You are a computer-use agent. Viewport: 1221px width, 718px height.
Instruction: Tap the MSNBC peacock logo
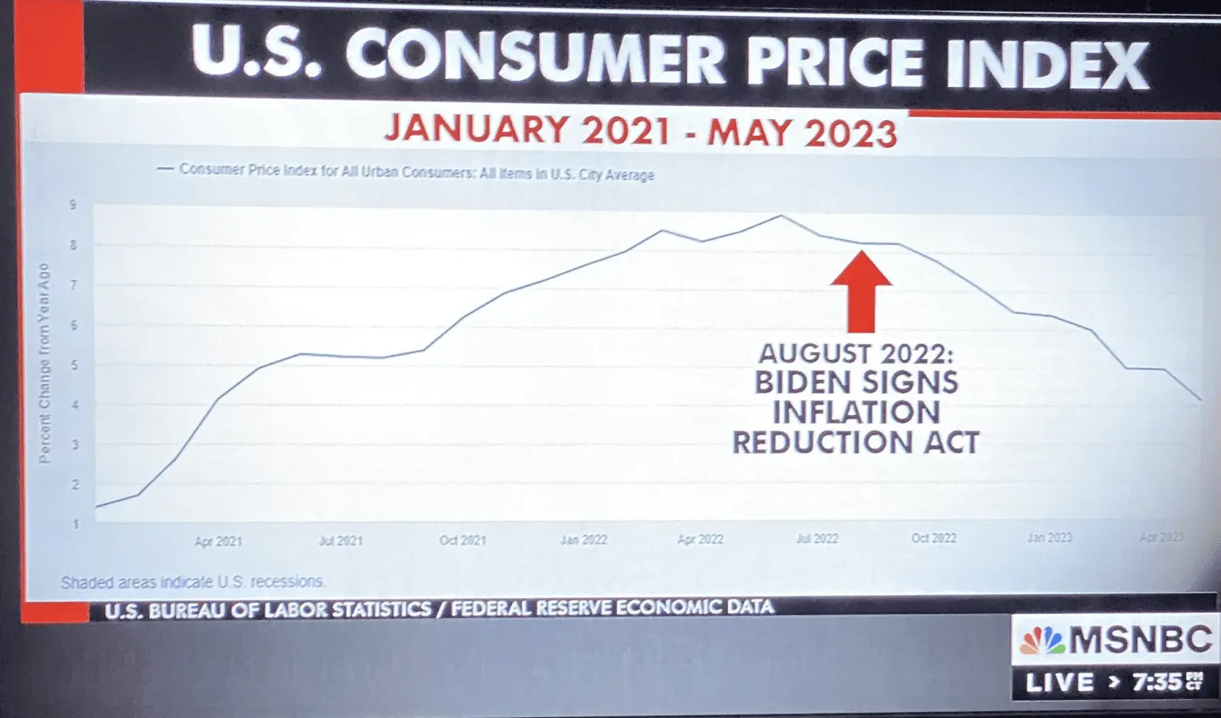(1043, 639)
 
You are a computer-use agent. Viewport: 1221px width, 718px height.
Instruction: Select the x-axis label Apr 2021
(217, 541)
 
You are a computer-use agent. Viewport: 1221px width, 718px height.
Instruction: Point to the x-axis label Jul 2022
(817, 539)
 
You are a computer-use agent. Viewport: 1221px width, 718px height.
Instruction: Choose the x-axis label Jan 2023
(1049, 538)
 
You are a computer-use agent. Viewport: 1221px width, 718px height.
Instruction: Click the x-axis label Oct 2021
(462, 540)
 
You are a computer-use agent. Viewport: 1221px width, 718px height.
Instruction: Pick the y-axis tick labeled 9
(73, 204)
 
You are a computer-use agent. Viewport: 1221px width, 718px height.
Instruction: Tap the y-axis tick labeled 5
(75, 365)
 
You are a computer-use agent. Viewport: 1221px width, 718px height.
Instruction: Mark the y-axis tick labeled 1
(75, 524)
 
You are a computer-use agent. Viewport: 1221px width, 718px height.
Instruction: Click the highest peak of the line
(780, 216)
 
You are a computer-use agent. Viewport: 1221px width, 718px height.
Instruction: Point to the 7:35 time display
(1158, 681)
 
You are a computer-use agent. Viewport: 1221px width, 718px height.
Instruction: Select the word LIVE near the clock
(1059, 682)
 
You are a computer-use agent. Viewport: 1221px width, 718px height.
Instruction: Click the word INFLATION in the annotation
(856, 413)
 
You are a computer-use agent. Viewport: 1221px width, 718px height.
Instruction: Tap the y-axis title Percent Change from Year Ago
(44, 363)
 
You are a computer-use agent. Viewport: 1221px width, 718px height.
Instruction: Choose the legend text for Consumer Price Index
(416, 172)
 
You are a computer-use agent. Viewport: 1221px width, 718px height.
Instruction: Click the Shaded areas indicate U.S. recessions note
(193, 582)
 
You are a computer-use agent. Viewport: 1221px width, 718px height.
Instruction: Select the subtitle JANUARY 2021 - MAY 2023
(641, 131)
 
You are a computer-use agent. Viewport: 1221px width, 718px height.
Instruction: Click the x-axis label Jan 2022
(584, 539)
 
